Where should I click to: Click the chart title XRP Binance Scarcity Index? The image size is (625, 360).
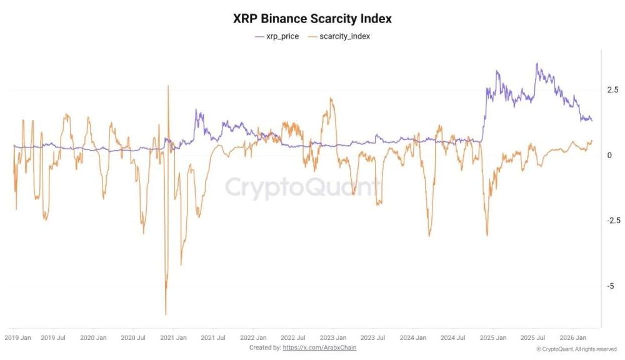click(312, 19)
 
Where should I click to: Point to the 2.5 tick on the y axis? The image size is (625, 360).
click(612, 90)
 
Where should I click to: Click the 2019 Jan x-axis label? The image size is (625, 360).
click(17, 337)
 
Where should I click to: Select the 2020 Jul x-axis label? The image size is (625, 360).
click(135, 337)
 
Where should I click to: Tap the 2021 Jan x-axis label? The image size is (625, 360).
click(174, 337)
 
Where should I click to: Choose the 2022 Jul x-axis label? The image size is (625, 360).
click(293, 337)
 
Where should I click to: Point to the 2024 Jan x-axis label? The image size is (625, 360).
click(412, 337)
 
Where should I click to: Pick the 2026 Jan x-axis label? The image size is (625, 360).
click(571, 337)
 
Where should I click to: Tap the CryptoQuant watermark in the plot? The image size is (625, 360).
click(302, 187)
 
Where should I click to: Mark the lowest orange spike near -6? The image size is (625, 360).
click(166, 314)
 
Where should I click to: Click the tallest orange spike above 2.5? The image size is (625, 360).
click(168, 86)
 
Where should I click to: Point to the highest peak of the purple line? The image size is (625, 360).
click(536, 64)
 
